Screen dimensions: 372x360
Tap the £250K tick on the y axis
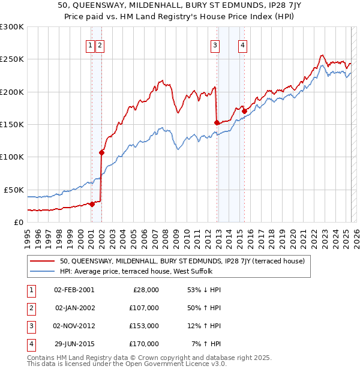12,59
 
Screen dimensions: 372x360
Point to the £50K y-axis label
14,190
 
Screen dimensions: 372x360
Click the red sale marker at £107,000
101,152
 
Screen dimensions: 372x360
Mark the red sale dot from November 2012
217,122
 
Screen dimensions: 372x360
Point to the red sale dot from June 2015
245,111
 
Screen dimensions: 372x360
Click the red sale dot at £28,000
92,204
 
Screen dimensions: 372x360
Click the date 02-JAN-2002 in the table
74,308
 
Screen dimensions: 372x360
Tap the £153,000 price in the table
144,326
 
